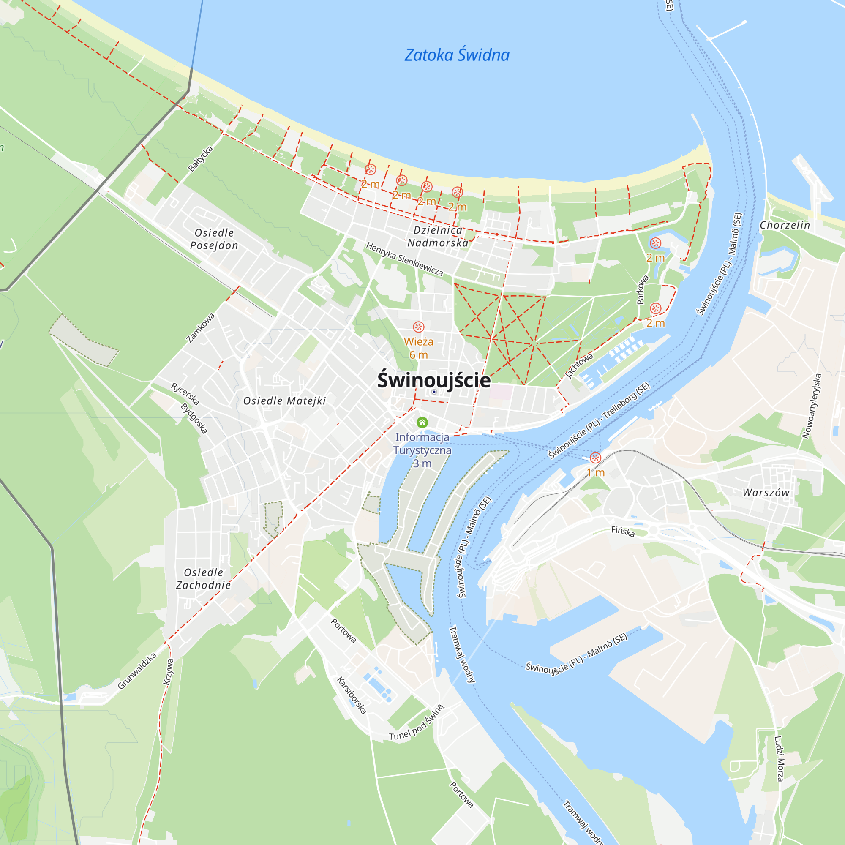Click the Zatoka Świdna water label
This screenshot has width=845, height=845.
point(457,55)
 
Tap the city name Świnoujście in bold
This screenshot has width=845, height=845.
point(434,380)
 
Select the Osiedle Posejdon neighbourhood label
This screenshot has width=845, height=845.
point(214,239)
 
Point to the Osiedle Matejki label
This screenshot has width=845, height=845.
point(285,401)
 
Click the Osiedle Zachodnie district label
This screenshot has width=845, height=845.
point(203,579)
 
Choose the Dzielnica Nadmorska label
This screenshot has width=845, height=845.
point(438,236)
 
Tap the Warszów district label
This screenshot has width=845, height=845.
point(766,493)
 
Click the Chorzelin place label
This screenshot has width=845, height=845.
point(785,225)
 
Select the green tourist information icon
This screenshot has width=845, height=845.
point(422,422)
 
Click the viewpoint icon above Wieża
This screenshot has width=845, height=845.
point(419,327)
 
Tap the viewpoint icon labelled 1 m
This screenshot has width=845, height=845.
point(595,458)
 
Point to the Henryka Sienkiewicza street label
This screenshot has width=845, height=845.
point(405,259)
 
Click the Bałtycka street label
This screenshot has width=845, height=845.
point(200,158)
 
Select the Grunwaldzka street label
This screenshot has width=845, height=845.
point(137,671)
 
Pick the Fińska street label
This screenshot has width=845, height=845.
point(623,532)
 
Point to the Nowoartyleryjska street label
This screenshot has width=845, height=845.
point(812,406)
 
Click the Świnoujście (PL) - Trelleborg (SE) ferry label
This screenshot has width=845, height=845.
point(599,420)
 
